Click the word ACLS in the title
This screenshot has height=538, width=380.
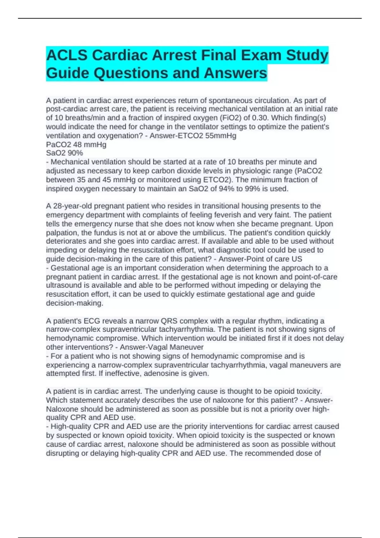67,55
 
